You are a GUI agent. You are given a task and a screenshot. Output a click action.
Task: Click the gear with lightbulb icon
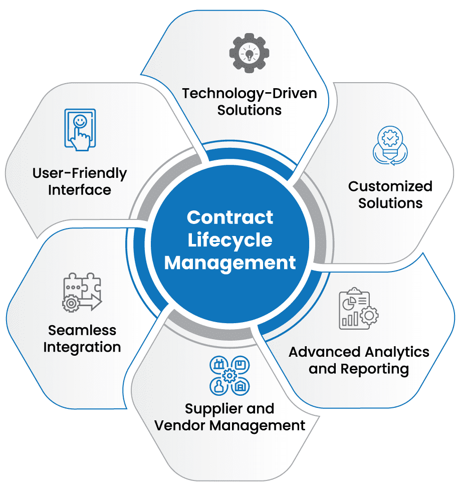(249, 53)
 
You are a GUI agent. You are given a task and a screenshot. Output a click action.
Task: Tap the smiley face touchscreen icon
(80, 130)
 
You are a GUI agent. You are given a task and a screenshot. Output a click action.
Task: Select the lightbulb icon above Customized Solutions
(390, 145)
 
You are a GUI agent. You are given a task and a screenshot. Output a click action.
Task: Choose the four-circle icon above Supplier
(229, 375)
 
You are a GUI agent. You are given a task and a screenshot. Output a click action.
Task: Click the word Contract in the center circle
(230, 217)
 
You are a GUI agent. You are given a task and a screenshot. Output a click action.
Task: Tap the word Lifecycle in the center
(230, 240)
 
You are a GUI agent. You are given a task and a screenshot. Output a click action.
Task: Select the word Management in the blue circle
(230, 263)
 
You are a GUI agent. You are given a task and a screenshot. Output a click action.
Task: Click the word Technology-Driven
(250, 94)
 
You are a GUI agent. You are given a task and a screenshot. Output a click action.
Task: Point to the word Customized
(390, 186)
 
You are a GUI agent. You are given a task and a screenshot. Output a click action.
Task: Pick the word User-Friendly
(80, 173)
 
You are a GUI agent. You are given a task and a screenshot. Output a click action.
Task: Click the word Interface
(80, 190)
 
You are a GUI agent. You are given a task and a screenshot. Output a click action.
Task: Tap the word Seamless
(82, 330)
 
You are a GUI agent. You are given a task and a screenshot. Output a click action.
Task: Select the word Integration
(82, 347)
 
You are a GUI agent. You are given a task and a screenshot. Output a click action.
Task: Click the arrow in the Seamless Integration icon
(91, 303)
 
